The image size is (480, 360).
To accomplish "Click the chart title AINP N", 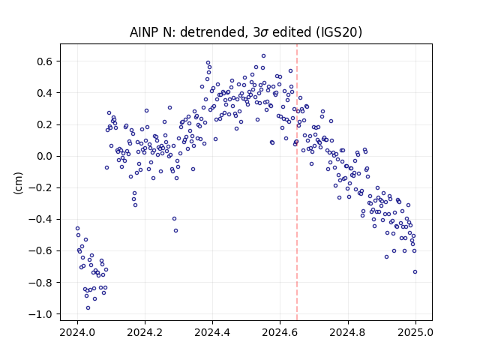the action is point(245,32).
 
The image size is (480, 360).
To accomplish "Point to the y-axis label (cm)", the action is point(18,183).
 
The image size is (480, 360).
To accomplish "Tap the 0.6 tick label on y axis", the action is point(45,61).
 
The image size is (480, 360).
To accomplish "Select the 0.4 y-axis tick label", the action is point(45,93).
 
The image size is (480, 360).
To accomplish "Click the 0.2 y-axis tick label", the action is point(45,124).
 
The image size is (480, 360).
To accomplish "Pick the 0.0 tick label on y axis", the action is point(45,156).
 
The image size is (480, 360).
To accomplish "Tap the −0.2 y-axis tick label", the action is point(41,187).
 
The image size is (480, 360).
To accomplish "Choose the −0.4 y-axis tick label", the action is point(41,219).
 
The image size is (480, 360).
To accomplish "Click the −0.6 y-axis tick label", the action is point(41,250).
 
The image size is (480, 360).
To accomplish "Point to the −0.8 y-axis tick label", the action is point(41,282).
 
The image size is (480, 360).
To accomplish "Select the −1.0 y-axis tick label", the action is point(41,314).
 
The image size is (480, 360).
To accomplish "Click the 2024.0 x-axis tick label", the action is point(77,332).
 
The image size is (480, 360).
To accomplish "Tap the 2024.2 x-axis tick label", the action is point(145,332).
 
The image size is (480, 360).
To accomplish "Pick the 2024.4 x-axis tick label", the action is point(212,332).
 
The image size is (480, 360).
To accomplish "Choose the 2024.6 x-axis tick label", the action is point(280,332).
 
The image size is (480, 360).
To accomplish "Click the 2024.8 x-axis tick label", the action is point(347,332).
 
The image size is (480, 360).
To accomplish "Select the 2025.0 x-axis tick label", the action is point(415,332).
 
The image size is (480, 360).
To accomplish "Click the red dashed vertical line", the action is point(297,182).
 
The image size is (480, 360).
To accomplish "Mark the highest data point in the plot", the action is point(263,56).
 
